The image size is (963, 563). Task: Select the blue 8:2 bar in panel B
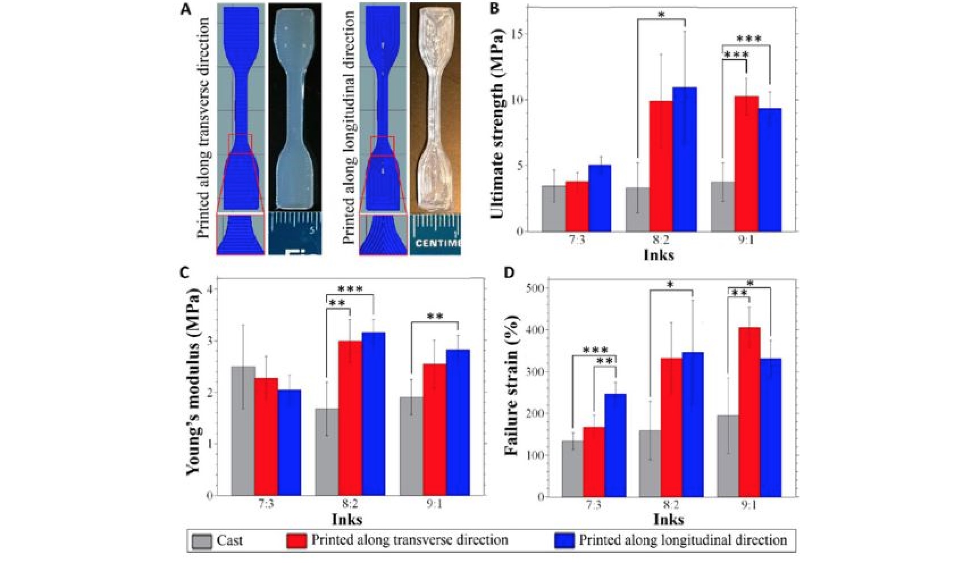pos(685,159)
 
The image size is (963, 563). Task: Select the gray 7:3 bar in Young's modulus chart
pos(243,431)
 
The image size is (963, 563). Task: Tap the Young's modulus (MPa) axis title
pos(194,392)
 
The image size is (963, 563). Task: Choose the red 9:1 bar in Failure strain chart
pos(750,412)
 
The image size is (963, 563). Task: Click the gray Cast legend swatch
pos(202,541)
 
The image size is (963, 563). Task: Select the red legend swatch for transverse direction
pos(296,541)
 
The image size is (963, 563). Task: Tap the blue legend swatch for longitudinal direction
pos(564,541)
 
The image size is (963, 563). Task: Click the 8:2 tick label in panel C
pos(350,504)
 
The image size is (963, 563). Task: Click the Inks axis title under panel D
pos(668,519)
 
